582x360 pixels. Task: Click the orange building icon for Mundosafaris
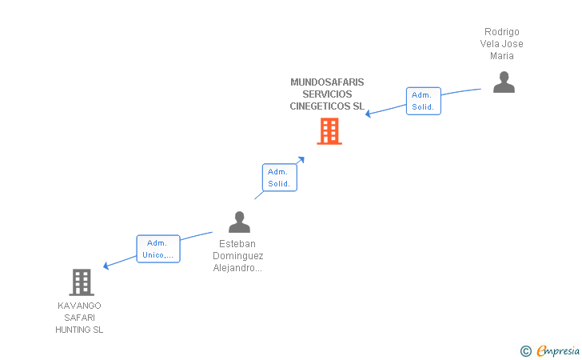[329, 131]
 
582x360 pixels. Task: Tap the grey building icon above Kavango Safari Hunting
[82, 282]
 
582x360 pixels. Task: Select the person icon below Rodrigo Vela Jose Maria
[504, 82]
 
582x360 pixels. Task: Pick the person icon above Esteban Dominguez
[239, 222]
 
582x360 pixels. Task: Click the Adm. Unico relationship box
[158, 249]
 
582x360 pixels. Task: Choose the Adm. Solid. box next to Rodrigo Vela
[424, 101]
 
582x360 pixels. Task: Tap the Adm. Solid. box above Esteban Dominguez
[280, 178]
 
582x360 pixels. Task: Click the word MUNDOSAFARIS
[327, 82]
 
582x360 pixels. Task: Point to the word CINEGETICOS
[320, 106]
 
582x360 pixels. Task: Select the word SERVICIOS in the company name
[327, 94]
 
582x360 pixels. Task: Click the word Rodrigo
[502, 32]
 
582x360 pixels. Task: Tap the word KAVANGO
[79, 306]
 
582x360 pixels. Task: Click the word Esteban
[237, 244]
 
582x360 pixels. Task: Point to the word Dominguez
[238, 256]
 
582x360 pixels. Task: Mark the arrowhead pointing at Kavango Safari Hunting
[106, 266]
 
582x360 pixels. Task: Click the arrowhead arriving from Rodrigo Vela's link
[368, 114]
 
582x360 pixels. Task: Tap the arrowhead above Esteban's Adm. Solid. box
[301, 160]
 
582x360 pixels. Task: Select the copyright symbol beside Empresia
[526, 351]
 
